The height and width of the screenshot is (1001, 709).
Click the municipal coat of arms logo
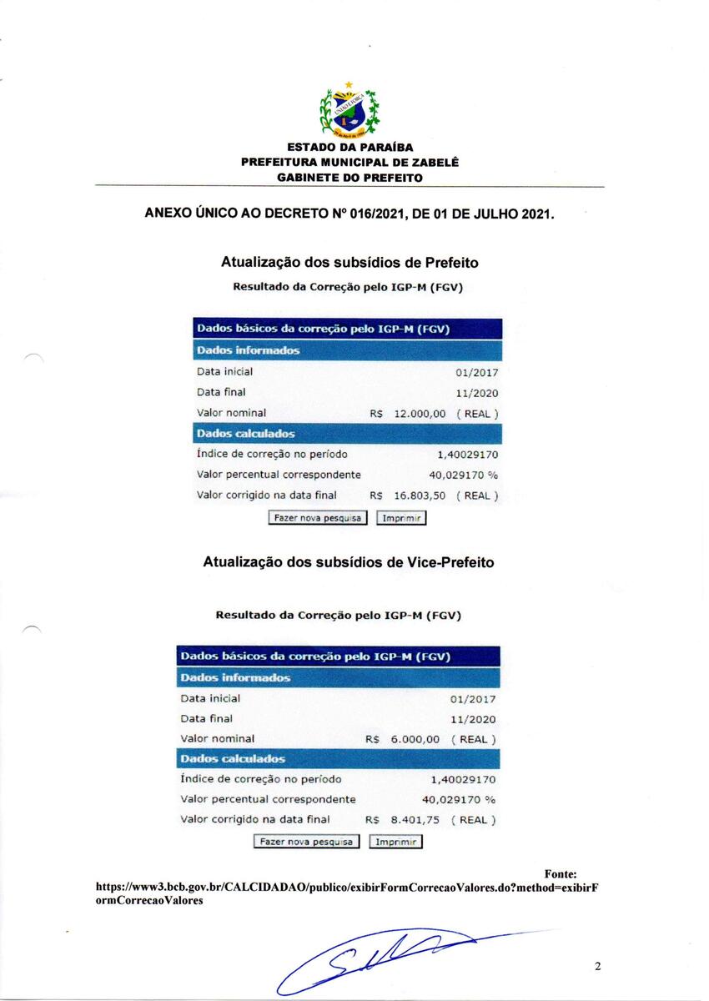pos(349,113)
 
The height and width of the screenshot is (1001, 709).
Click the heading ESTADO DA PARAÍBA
pos(349,148)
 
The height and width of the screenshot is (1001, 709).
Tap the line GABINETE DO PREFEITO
pos(349,178)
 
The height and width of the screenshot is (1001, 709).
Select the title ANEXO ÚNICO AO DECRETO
pos(349,213)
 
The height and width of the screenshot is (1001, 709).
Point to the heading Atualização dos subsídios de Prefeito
pos(349,262)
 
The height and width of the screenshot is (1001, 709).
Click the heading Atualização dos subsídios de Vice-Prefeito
pos(348,562)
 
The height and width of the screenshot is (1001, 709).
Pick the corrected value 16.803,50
pos(420,495)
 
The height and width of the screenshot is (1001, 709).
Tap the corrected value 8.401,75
pos(415,820)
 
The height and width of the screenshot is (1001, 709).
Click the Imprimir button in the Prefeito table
pos(401,518)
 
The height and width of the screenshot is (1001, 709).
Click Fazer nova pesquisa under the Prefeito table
pos(318,518)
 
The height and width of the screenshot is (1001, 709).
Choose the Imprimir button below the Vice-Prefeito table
pos(395,842)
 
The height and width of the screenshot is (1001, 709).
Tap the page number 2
pos(598,967)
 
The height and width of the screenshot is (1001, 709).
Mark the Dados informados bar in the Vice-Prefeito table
pos(338,677)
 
